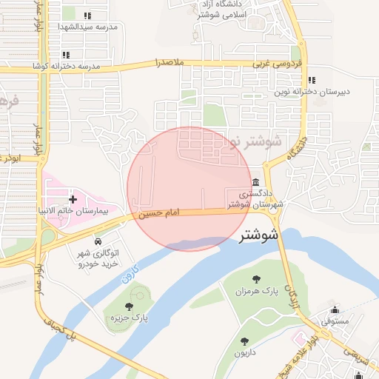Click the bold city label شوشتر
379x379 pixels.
pyautogui.click(x=258, y=237)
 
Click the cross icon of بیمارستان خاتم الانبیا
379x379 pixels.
pyautogui.click(x=73, y=199)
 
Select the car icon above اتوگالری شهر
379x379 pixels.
pyautogui.click(x=98, y=242)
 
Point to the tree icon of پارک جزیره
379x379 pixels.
pyautogui.click(x=130, y=306)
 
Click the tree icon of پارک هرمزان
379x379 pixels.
pyautogui.click(x=256, y=279)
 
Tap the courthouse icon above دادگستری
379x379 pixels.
pyautogui.click(x=255, y=183)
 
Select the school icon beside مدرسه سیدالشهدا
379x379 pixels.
pyautogui.click(x=87, y=16)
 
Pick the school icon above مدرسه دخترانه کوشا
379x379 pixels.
pyautogui.click(x=66, y=54)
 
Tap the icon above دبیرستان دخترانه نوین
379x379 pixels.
pyautogui.click(x=312, y=80)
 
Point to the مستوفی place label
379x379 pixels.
pyautogui.click(x=335, y=322)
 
